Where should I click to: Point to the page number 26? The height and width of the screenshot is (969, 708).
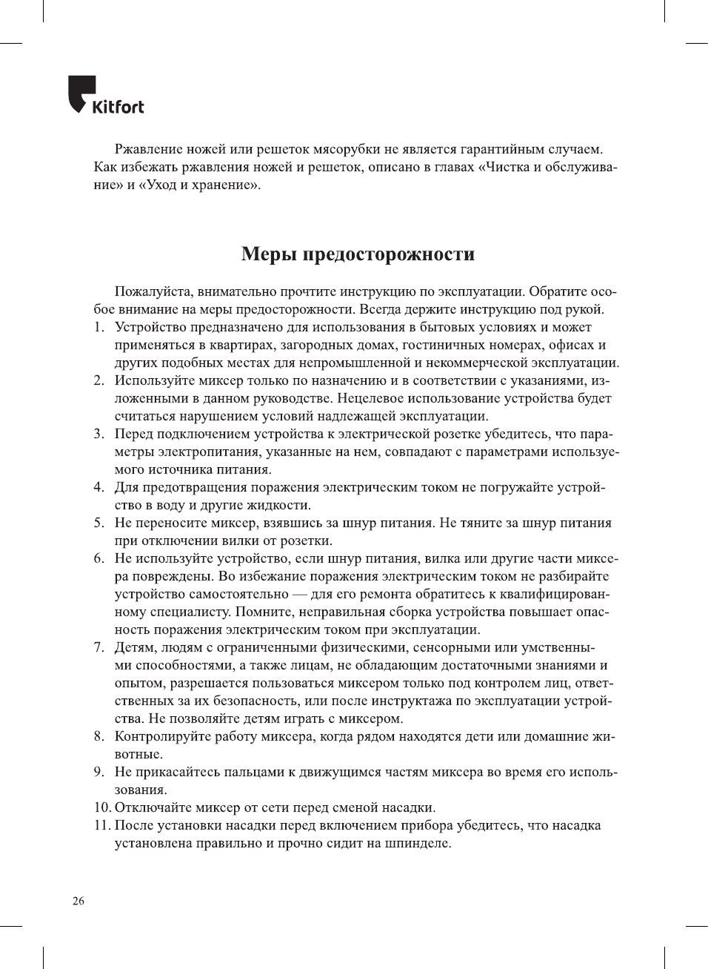coord(78,901)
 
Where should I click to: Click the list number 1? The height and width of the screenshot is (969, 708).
coord(98,328)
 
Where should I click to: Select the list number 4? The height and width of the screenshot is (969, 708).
coord(98,488)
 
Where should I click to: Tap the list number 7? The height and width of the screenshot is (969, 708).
coord(98,648)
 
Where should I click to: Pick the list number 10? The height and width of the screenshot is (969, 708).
coord(101,808)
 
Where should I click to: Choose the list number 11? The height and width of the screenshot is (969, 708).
coord(101,826)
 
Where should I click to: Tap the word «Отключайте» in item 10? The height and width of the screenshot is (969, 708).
coord(153,808)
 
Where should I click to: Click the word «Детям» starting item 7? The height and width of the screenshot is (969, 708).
coord(133,648)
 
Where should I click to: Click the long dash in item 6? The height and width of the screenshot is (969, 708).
coord(300,595)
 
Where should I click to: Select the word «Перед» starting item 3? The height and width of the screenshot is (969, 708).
coord(133,434)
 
